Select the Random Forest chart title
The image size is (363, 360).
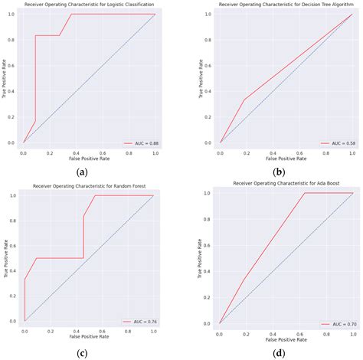[89, 187]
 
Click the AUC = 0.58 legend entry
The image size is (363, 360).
[335, 142]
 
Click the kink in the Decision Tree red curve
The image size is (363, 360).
[244, 99]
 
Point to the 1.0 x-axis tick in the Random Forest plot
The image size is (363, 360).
[153, 331]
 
